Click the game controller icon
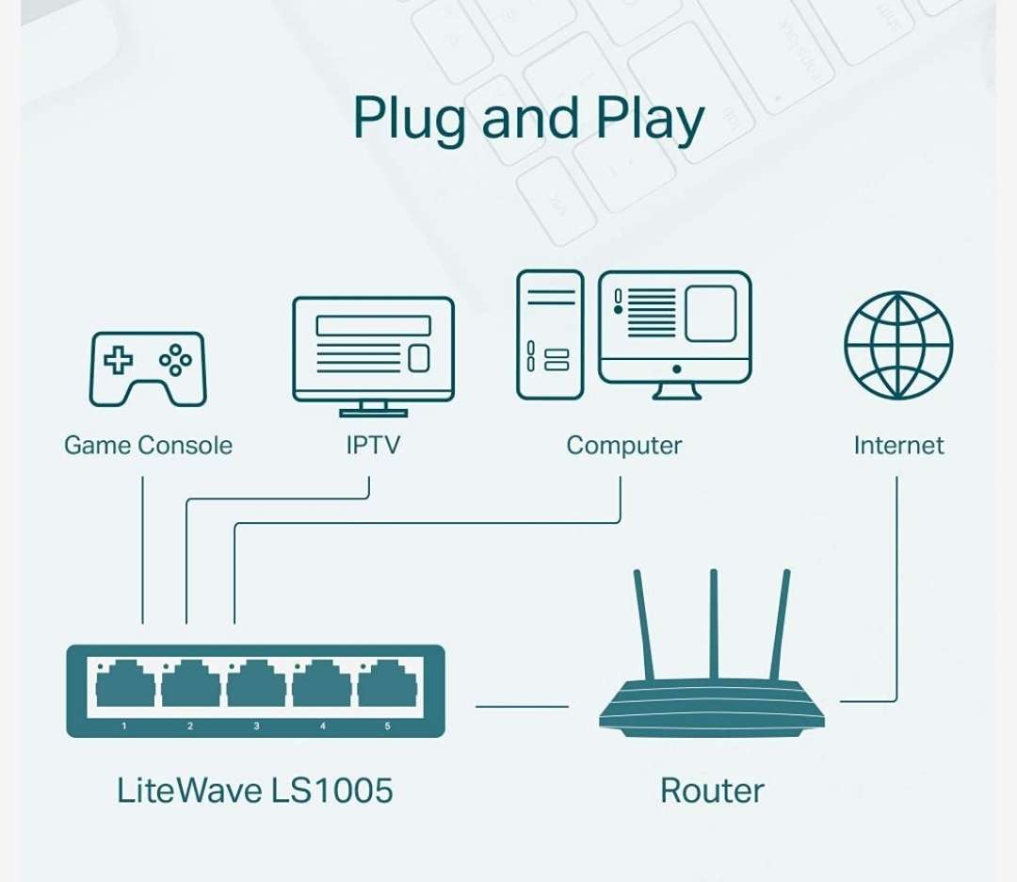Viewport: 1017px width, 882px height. pyautogui.click(x=147, y=368)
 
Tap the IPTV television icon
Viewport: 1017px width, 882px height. pyautogui.click(x=373, y=353)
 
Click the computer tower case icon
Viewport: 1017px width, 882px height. pyautogui.click(x=549, y=335)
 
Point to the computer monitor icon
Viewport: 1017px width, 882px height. pyautogui.click(x=674, y=332)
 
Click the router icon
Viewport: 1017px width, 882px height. pyautogui.click(x=711, y=697)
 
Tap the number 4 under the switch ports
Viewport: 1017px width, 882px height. pyautogui.click(x=322, y=727)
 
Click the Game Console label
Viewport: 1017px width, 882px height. pyautogui.click(x=148, y=445)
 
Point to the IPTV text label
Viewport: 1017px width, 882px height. pyautogui.click(x=373, y=445)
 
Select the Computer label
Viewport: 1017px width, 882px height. pyautogui.click(x=623, y=445)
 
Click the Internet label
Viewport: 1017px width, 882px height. pyautogui.click(x=897, y=445)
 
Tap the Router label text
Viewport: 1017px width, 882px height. pyautogui.click(x=711, y=790)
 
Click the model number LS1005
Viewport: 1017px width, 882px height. pyautogui.click(x=331, y=790)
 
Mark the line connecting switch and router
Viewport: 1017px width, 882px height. pyautogui.click(x=522, y=706)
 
